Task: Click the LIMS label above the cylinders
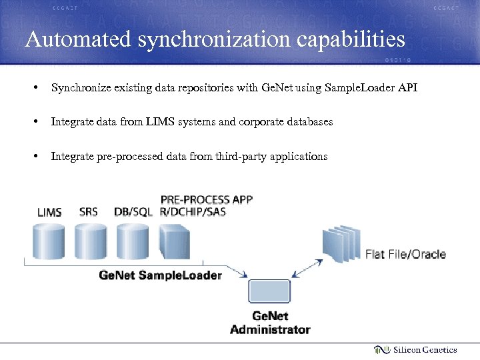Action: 50,213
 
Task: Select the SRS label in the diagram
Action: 88,212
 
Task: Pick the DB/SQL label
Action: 133,212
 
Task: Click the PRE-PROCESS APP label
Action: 207,199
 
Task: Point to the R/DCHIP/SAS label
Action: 193,212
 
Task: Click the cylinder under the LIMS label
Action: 49,242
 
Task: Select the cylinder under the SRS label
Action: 91,242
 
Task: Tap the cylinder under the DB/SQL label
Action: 133,242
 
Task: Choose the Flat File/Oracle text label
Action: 405,254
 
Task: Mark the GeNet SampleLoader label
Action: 160,275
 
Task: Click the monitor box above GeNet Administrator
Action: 269,292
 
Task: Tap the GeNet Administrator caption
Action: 270,323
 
